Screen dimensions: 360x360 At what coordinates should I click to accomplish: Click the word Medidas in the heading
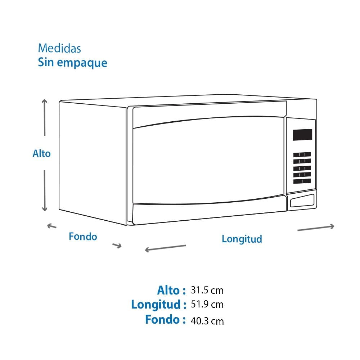[x=59, y=48]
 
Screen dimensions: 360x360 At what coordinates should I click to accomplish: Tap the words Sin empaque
[x=73, y=63]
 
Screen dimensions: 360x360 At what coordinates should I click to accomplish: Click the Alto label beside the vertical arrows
[x=41, y=154]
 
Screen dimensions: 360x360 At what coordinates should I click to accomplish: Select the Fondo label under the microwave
[x=83, y=237]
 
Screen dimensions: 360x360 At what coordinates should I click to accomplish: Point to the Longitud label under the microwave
[x=242, y=239]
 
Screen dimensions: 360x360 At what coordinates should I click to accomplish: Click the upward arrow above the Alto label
[x=45, y=118]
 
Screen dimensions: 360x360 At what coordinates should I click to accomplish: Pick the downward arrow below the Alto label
[x=45, y=190]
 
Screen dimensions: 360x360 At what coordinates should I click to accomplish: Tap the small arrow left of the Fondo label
[x=51, y=226]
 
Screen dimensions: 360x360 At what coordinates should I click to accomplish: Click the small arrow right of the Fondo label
[x=117, y=246]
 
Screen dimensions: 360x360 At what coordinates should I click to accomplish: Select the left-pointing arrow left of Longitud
[x=166, y=248]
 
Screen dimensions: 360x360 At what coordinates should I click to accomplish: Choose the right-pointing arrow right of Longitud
[x=316, y=228]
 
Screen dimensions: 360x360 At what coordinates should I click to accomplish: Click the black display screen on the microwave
[x=302, y=135]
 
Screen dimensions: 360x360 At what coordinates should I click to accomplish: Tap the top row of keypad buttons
[x=302, y=154]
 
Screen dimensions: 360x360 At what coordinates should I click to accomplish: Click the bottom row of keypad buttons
[x=302, y=181]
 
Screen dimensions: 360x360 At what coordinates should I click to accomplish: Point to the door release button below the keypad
[x=302, y=201]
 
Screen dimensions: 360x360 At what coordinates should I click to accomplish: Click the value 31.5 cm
[x=207, y=290]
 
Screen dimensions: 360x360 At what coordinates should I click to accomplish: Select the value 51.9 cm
[x=207, y=305]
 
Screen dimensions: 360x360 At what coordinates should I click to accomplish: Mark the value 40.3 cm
[x=207, y=321]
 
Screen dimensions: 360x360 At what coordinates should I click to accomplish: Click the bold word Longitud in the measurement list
[x=156, y=305]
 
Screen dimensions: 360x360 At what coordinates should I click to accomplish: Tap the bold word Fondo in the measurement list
[x=162, y=319]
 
